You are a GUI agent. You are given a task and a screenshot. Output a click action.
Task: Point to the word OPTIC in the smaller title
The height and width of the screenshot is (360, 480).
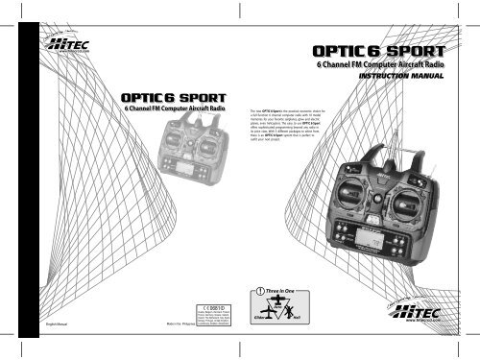point(140,97)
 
